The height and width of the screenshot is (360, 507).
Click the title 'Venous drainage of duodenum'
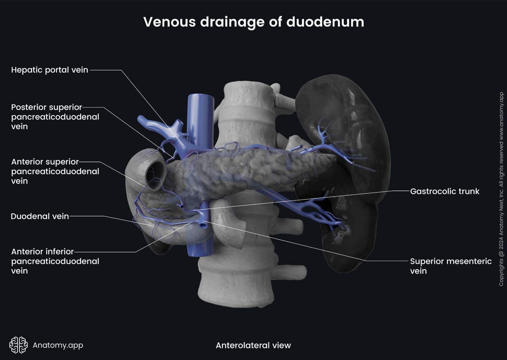point(253,22)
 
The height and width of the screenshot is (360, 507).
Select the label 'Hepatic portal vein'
point(50,70)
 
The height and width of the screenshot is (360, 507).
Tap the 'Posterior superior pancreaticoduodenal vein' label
point(55,117)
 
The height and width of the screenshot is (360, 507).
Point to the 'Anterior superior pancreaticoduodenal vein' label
point(55,171)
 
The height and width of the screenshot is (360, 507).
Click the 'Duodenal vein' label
point(40,216)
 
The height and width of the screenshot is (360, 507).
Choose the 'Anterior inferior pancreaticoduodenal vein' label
point(55,261)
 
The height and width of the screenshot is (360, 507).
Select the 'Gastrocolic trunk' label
point(444,191)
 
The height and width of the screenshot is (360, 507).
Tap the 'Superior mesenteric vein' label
point(450,266)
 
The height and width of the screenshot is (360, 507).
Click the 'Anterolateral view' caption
point(253,345)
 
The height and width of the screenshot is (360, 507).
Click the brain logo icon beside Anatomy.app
point(18,345)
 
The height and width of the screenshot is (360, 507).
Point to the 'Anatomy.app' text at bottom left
point(58,345)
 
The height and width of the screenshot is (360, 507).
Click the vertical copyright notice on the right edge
point(501,189)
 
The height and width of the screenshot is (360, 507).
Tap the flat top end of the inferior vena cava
point(201,96)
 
